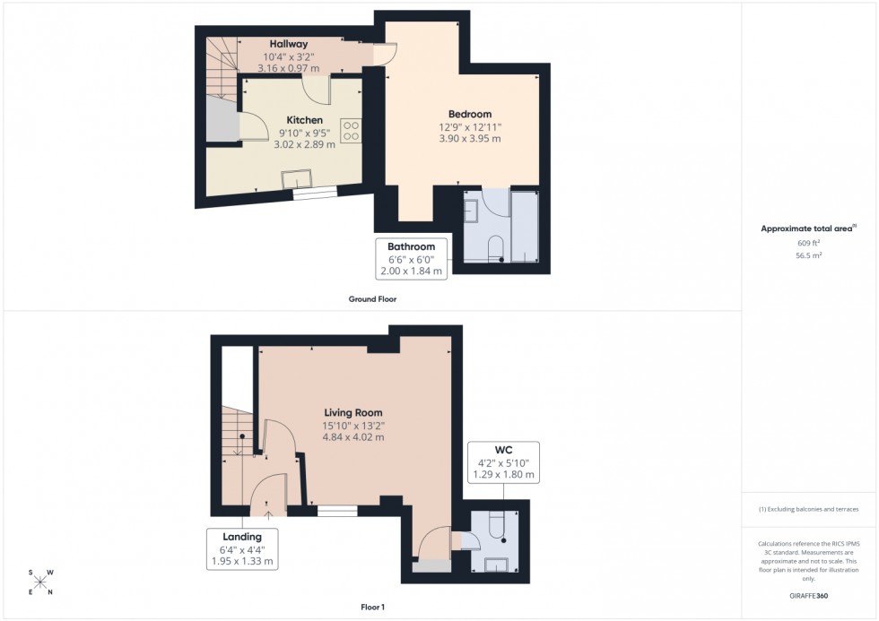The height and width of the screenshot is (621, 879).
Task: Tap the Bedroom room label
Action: point(470,115)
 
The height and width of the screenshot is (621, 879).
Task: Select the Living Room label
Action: point(353,413)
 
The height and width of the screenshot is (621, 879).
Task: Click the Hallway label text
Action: point(289,44)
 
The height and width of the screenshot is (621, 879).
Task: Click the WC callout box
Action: point(502,461)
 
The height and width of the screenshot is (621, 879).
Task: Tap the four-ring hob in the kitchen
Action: point(351,132)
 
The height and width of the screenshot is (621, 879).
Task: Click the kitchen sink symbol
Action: point(294,181)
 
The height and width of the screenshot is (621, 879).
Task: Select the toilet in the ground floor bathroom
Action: point(495,248)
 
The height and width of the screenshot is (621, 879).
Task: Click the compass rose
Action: point(40,582)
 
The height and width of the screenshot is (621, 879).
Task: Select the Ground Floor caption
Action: point(372,299)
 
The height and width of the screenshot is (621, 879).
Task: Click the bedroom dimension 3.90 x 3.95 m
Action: point(470,139)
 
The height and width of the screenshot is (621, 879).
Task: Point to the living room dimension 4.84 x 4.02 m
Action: point(353,437)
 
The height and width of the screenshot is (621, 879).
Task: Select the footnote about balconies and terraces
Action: point(809,509)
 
